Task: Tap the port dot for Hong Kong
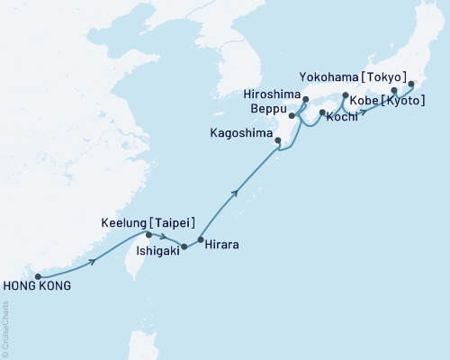tap(38, 276)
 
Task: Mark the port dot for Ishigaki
tap(184, 246)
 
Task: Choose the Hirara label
tap(221, 244)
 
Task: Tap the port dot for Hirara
tap(201, 239)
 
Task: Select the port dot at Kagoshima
tap(277, 140)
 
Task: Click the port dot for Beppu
tap(292, 116)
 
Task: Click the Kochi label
tap(342, 118)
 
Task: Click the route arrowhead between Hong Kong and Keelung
tap(93, 262)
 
